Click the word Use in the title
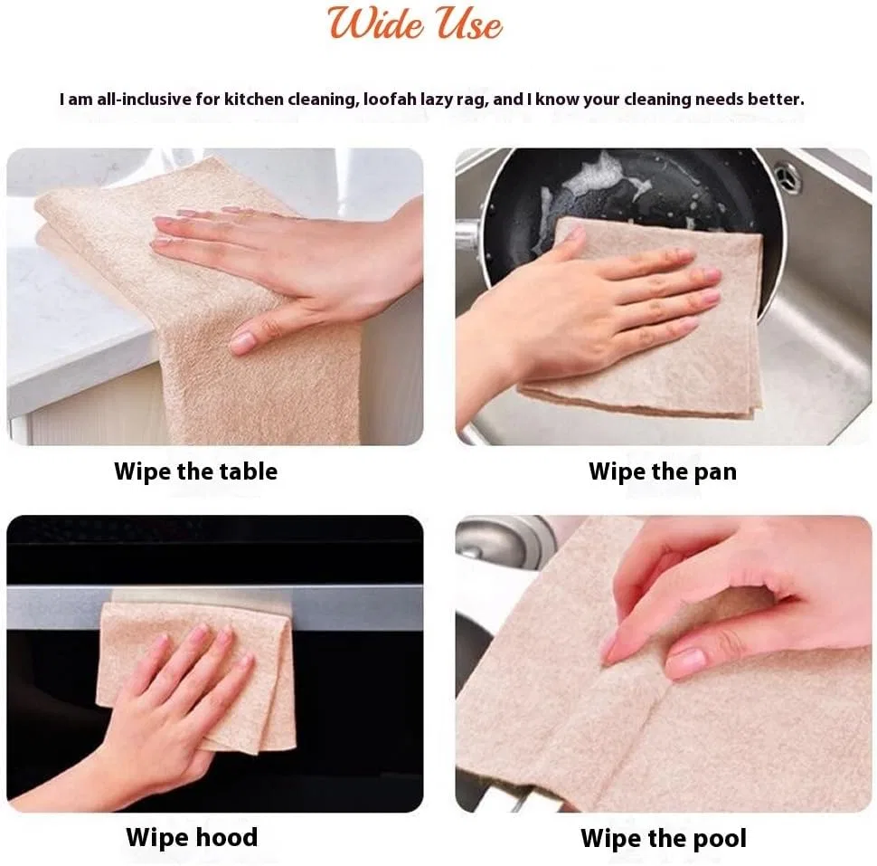468,24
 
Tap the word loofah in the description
390,99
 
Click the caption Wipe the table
196,471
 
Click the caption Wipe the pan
663,471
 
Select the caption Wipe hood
192,837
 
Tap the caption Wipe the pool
664,838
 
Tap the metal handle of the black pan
468,235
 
